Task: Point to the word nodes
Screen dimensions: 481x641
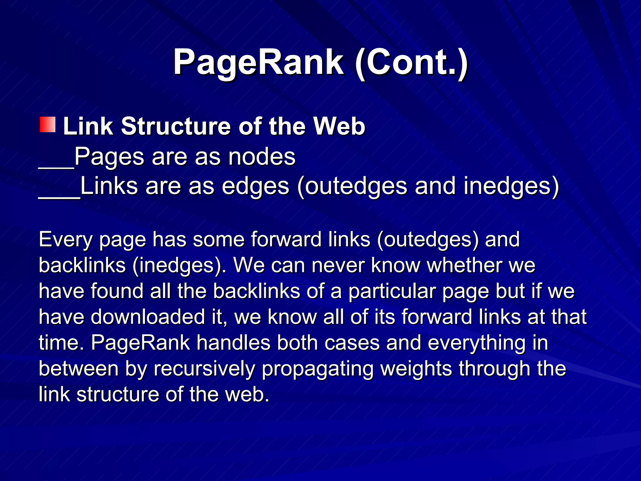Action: [x=262, y=157]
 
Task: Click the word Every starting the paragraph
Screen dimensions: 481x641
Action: [x=66, y=240]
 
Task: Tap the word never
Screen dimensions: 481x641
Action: [x=338, y=266]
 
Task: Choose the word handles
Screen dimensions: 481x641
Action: [x=233, y=343]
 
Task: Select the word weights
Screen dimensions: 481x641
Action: [x=416, y=369]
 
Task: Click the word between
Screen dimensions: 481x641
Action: [x=79, y=369]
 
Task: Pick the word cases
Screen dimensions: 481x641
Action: [x=352, y=343]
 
